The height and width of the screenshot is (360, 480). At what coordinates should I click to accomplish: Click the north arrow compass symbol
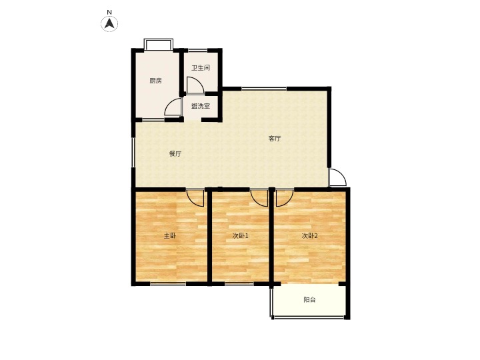point(109,23)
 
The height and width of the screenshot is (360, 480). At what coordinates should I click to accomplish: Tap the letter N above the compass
point(109,12)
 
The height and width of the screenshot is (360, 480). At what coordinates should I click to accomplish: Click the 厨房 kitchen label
point(155,81)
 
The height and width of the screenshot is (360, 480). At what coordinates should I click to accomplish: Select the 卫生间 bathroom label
point(201,67)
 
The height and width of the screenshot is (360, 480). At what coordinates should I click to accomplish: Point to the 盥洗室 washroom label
point(201,106)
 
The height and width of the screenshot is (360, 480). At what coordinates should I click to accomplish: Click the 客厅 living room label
point(275,139)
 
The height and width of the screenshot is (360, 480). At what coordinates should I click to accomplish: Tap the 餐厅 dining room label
point(175,154)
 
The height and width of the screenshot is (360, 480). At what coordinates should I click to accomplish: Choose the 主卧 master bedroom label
point(170,236)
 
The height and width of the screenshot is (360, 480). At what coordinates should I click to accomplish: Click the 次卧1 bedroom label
point(240,236)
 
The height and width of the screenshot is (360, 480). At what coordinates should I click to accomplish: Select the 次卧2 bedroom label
point(309,236)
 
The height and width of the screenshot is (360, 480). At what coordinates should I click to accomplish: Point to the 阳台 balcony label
point(309,300)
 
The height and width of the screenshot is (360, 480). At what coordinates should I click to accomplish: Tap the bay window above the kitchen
point(159,44)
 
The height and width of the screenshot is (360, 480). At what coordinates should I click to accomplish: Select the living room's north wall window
point(264,89)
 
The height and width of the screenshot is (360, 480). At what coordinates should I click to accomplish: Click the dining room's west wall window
point(133,152)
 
